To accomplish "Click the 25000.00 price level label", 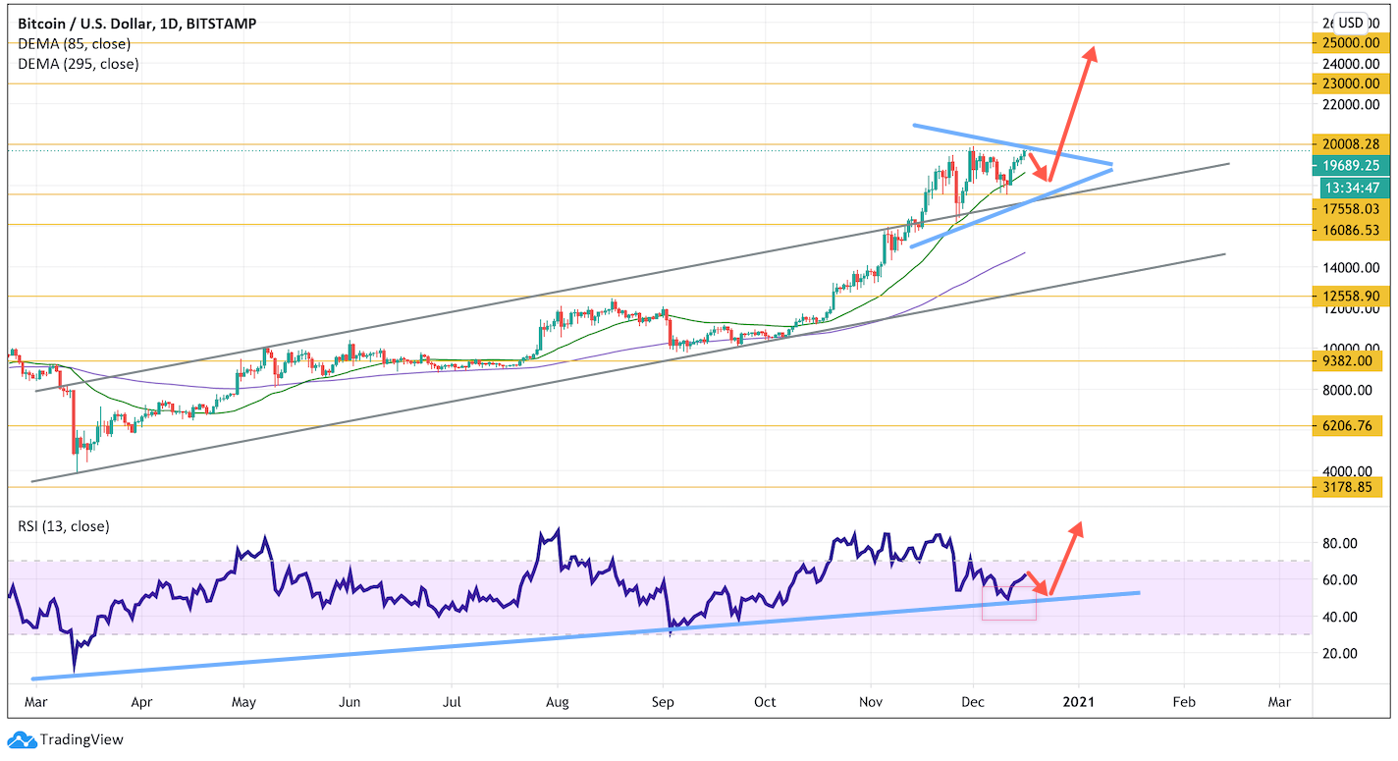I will click(1347, 43).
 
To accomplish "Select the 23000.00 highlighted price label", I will click(1347, 83).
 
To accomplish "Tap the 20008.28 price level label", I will click(1347, 144).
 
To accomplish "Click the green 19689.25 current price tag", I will click(1347, 167).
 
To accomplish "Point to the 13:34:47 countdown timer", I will click(1347, 187).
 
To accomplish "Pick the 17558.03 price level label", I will click(1347, 208).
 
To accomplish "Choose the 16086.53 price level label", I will click(1347, 230).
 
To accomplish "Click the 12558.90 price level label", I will click(1347, 296).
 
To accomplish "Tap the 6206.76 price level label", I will click(1347, 425).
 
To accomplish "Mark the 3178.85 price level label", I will click(1347, 486).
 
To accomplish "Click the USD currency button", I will click(1351, 23).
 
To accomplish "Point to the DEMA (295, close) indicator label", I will click(79, 64).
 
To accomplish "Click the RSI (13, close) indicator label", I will click(64, 526).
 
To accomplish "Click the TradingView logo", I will click(67, 739).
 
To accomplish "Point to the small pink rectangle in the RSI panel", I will click(1008, 604).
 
